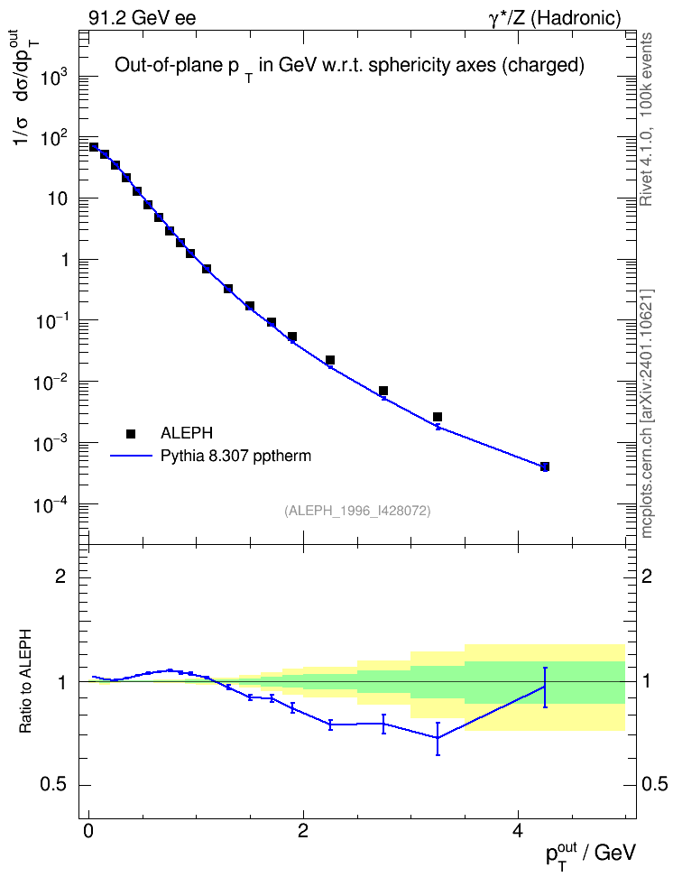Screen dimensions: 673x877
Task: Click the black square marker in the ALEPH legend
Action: (131, 433)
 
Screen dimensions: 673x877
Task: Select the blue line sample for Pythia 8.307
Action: (131, 457)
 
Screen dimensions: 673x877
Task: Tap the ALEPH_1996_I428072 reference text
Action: (357, 511)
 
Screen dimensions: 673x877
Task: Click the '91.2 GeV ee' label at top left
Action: (143, 18)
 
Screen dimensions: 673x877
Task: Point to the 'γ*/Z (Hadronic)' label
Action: (555, 18)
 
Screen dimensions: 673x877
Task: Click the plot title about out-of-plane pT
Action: (350, 67)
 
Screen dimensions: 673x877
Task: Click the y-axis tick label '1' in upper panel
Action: (67, 260)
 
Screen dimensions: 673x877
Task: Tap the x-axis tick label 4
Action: (518, 831)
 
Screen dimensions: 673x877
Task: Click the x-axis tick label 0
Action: (88, 831)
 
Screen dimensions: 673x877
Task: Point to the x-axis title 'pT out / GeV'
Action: (591, 855)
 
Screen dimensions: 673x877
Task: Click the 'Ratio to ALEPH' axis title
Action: (25, 682)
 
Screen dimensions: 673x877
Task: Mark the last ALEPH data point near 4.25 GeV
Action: (544, 466)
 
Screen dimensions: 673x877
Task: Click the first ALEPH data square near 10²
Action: (94, 147)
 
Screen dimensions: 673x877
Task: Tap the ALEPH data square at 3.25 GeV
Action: (437, 417)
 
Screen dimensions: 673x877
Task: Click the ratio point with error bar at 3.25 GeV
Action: (438, 738)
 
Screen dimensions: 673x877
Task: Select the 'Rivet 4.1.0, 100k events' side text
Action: (646, 119)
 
